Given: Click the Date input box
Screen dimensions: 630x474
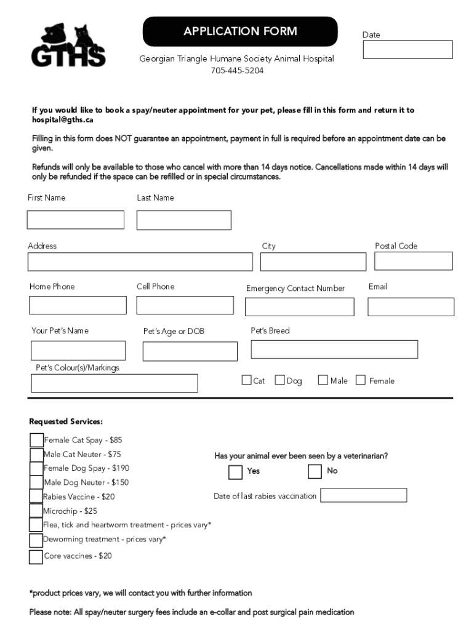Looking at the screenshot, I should click(x=408, y=50).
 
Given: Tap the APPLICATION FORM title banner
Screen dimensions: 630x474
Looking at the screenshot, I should click(x=240, y=31).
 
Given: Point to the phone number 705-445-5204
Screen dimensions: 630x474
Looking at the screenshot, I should click(x=237, y=71).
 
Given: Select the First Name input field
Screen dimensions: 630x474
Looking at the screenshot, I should click(x=76, y=220).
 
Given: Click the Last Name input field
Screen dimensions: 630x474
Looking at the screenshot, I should click(x=184, y=220).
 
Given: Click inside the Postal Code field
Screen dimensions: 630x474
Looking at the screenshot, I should click(x=413, y=261).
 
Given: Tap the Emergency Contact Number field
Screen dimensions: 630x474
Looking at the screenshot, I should click(x=300, y=306).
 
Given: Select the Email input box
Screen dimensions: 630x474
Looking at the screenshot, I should click(x=411, y=306).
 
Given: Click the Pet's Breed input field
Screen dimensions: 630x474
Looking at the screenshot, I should click(x=334, y=349).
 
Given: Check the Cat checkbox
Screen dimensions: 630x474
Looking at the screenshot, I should click(x=246, y=380).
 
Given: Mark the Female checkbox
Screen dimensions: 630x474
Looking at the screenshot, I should click(x=361, y=380).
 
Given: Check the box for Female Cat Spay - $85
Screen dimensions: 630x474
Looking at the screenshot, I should click(x=36, y=440).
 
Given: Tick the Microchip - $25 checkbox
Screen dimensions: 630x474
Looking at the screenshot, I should click(x=36, y=511).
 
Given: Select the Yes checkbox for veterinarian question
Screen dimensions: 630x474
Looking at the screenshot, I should click(x=235, y=472).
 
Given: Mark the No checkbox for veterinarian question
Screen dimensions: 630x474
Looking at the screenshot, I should click(x=315, y=471).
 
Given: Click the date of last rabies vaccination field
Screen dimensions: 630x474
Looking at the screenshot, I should click(x=364, y=495).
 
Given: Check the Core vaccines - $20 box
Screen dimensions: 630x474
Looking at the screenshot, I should click(x=36, y=556).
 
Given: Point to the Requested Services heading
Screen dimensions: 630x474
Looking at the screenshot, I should click(x=66, y=422).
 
